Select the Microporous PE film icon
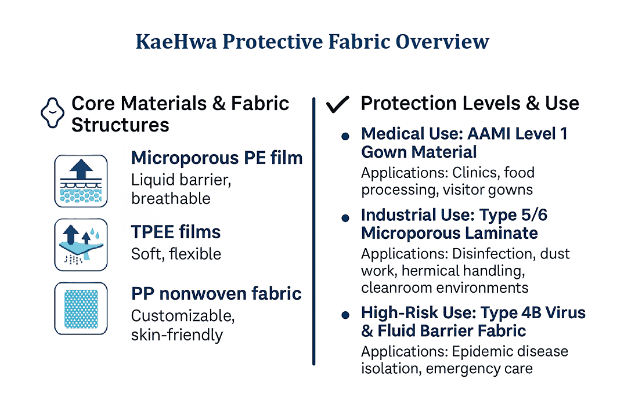[x=81, y=181]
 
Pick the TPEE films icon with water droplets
[x=81, y=245]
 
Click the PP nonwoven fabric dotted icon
[x=81, y=308]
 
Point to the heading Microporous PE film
[x=217, y=158]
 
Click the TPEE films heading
[x=176, y=232]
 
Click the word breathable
[x=171, y=198]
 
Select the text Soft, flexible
[x=176, y=253]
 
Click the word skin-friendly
[x=176, y=334]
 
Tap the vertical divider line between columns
[x=313, y=232]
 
